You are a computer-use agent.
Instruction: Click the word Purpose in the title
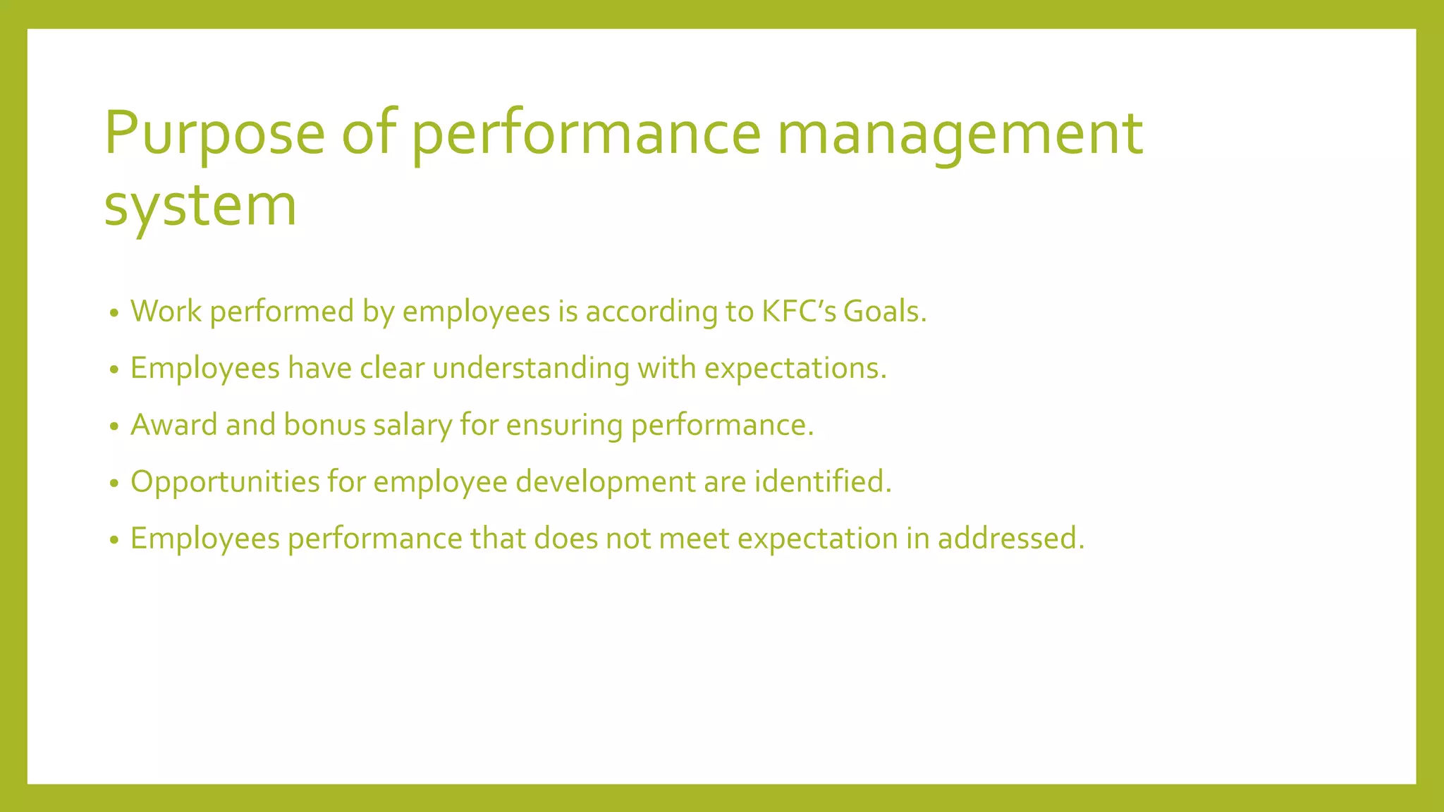(x=214, y=134)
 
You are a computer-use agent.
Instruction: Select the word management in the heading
(x=960, y=134)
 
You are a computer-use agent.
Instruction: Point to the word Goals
(x=885, y=312)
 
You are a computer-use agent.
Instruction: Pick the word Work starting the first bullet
(x=166, y=312)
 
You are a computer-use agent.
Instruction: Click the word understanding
(x=531, y=369)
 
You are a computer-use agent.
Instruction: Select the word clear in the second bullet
(x=392, y=369)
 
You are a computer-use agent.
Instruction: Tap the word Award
(x=174, y=425)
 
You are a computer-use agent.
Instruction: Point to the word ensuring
(x=564, y=425)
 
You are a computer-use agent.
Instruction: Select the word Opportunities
(x=225, y=482)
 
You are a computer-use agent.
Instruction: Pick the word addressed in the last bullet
(x=1010, y=539)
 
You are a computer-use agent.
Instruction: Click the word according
(x=651, y=312)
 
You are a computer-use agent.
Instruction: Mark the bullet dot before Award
(x=114, y=427)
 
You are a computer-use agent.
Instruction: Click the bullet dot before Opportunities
(x=114, y=484)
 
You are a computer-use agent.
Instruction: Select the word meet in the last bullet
(x=695, y=539)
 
